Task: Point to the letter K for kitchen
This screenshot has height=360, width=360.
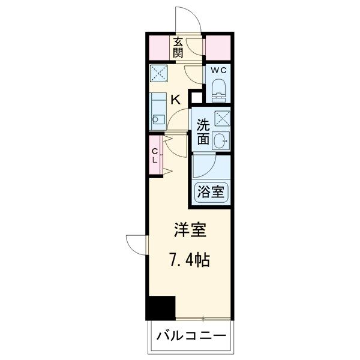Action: pyautogui.click(x=176, y=100)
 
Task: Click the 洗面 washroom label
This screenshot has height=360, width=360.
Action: pyautogui.click(x=202, y=132)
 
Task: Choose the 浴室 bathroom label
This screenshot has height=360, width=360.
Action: pyautogui.click(x=211, y=192)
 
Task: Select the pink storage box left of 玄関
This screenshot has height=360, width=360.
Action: pyautogui.click(x=160, y=47)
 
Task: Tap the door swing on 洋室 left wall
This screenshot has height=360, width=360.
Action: pyautogui.click(x=137, y=243)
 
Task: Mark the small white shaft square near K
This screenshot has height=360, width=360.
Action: pyautogui.click(x=196, y=98)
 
